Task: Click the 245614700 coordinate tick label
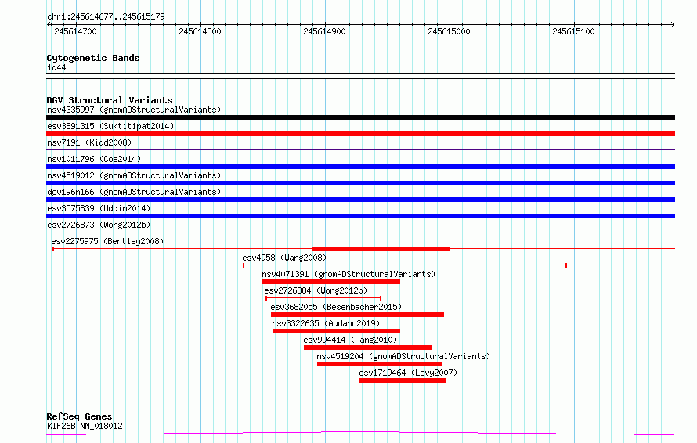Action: [x=75, y=31]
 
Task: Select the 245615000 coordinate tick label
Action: [x=449, y=31]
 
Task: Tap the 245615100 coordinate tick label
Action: [x=573, y=31]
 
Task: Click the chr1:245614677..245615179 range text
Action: [x=106, y=17]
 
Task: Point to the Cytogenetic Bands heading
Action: [x=93, y=58]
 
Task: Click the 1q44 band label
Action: [x=56, y=67]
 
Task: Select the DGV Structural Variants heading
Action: [x=110, y=100]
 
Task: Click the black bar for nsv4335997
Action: [x=360, y=117]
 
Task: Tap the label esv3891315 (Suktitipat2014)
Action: [x=110, y=126]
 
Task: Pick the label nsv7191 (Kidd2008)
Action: [x=89, y=142]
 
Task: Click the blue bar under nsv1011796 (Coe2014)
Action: [x=360, y=167]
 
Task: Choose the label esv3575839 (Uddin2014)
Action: [x=99, y=208]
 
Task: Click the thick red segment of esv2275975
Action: [x=381, y=249]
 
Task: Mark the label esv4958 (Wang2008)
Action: [x=284, y=258]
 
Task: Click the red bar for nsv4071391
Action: [x=331, y=282]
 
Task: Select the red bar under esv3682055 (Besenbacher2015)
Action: [x=357, y=315]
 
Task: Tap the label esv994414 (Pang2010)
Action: [x=350, y=340]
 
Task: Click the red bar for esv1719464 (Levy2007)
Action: [x=403, y=380]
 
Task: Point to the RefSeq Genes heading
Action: [x=80, y=416]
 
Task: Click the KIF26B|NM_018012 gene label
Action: [x=85, y=426]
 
